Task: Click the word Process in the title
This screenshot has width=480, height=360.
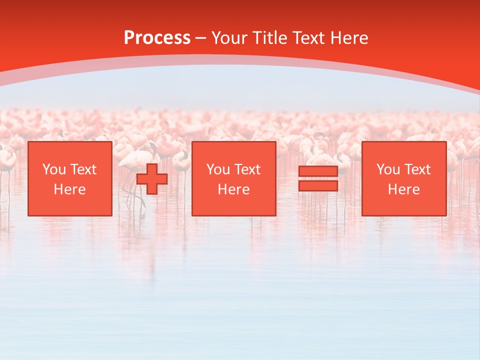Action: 157,38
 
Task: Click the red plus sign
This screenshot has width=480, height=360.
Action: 152,179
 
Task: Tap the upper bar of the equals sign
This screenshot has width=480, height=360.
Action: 318,171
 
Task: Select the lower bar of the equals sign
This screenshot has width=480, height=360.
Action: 318,186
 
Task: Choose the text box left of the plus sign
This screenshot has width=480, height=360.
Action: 70,178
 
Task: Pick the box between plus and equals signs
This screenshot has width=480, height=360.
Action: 234,178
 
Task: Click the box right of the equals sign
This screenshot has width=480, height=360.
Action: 404,178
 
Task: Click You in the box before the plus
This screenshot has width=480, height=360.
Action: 53,169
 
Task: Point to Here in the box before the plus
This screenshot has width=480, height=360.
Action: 70,189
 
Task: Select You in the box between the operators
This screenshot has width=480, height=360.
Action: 217,169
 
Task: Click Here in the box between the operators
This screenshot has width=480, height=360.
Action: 234,189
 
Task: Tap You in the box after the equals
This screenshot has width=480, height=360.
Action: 387,169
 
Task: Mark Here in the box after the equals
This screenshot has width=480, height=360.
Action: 404,189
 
